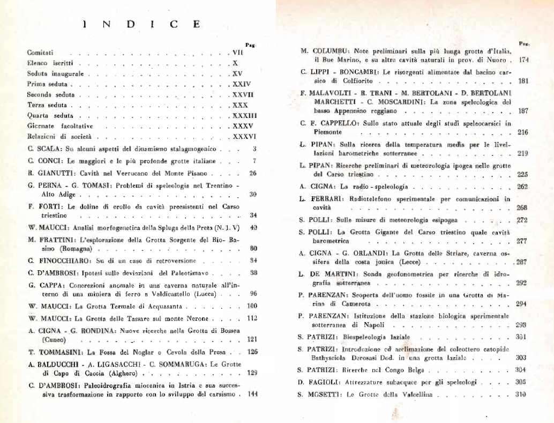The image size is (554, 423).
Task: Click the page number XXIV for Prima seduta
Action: tap(242, 84)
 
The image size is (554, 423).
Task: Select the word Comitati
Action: tap(40, 53)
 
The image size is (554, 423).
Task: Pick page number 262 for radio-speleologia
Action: tap(522, 187)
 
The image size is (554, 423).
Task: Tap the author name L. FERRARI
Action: tap(317, 198)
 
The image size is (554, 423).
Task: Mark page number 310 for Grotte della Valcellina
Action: tap(522, 394)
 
